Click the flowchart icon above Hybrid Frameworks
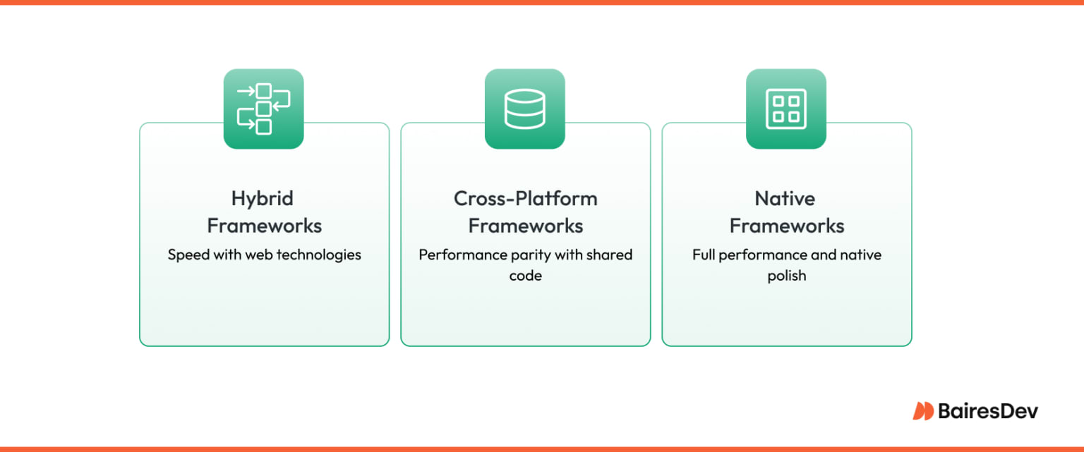click(263, 109)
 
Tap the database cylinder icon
click(524, 109)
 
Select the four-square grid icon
click(785, 109)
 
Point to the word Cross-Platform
click(525, 199)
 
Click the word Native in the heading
click(785, 199)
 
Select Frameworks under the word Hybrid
click(264, 226)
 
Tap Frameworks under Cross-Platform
click(525, 226)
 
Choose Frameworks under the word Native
click(786, 226)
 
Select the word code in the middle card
click(525, 276)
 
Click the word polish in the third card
click(786, 276)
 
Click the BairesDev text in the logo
click(988, 411)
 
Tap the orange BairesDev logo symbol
click(923, 411)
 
